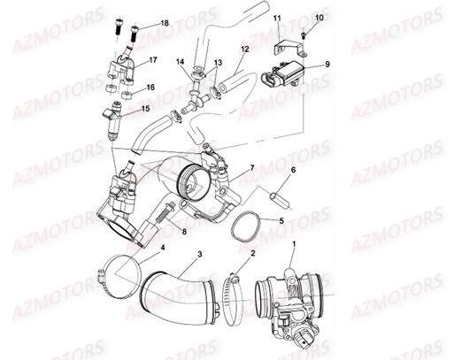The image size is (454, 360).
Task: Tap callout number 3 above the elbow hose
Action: (200, 255)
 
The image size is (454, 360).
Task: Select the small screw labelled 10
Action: (303, 34)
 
